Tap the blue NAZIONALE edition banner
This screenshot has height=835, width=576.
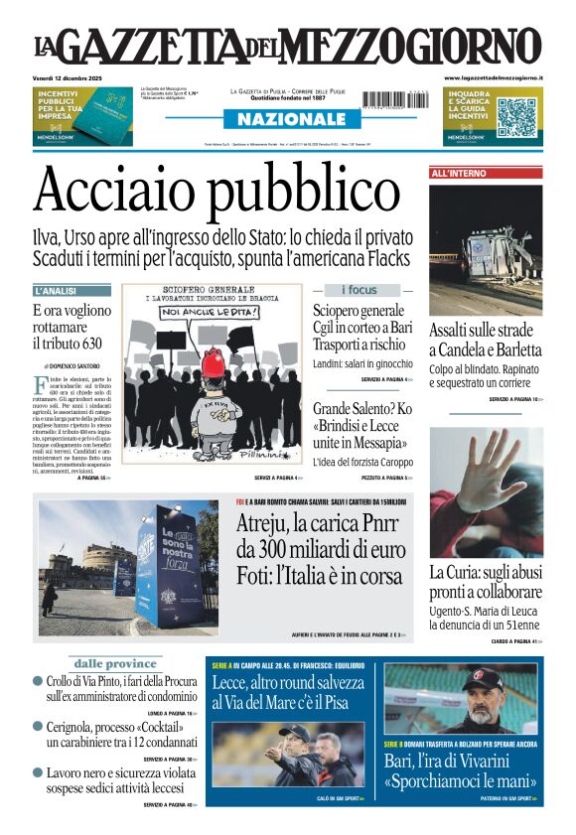(x=285, y=119)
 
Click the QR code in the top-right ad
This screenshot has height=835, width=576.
(x=516, y=117)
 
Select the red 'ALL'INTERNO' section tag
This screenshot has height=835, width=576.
(x=459, y=173)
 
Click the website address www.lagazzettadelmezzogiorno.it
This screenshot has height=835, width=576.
(x=493, y=77)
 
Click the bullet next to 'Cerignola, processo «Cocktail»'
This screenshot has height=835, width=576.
(x=38, y=727)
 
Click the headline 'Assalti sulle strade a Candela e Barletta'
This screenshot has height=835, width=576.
(x=485, y=340)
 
